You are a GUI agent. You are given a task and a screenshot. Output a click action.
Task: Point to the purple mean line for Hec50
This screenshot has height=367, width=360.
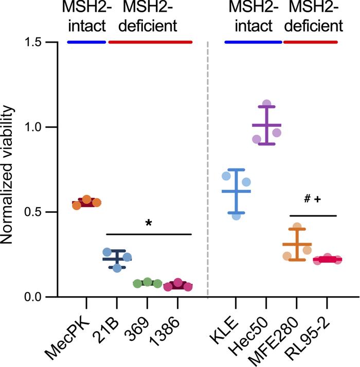tap(266, 125)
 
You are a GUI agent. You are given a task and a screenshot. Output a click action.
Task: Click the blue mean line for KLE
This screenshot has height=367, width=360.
tap(236, 191)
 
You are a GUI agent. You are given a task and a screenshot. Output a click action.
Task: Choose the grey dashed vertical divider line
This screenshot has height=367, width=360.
tap(208, 170)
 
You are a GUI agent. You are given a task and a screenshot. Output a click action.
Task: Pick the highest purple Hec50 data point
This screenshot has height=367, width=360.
tap(266, 104)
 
